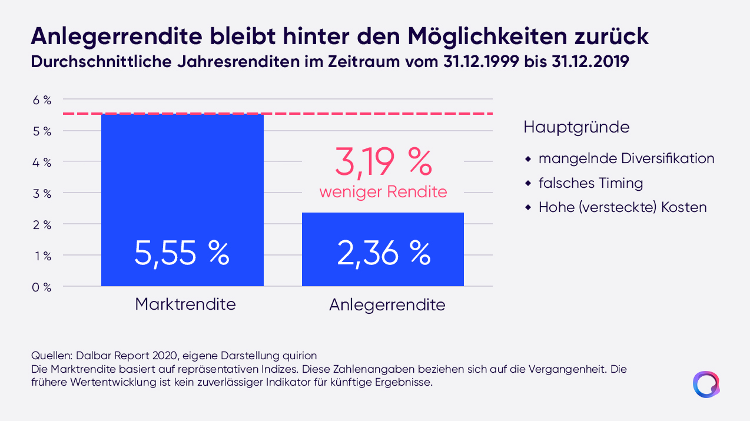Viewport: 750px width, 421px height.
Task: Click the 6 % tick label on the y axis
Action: [x=42, y=100]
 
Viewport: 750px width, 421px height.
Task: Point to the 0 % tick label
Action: [x=42, y=287]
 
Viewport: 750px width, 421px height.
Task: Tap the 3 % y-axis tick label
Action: [x=42, y=194]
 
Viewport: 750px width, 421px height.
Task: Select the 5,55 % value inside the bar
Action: [x=182, y=254]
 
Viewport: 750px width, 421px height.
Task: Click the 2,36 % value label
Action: [x=384, y=254]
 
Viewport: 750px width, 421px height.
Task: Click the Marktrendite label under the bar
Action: [x=185, y=304]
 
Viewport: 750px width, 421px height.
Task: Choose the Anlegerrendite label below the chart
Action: [x=387, y=305]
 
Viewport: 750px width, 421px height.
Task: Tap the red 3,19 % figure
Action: [x=383, y=163]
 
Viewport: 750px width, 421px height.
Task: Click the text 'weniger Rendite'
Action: [x=383, y=192]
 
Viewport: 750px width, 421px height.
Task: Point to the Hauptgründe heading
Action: [x=576, y=127]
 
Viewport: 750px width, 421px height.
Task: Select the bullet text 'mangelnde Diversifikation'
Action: [x=626, y=158]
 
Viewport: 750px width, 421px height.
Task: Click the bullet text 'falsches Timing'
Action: [x=590, y=183]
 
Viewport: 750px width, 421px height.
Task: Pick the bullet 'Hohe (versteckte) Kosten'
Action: [x=622, y=207]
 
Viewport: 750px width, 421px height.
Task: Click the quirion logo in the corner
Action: [x=706, y=384]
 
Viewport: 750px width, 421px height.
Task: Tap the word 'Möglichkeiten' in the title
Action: [x=487, y=36]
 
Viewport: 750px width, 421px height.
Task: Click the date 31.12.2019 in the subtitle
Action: [x=590, y=62]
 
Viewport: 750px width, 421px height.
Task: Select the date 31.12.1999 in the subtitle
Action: [x=481, y=62]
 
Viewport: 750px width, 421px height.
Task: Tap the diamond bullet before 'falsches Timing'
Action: [x=528, y=183]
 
